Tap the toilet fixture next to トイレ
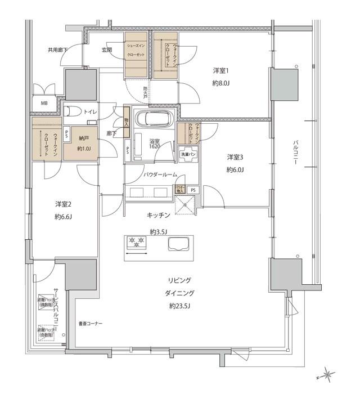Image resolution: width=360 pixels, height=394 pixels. (71, 111)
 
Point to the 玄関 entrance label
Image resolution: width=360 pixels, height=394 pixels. (107, 50)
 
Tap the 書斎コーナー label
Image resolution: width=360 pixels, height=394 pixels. (91, 323)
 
